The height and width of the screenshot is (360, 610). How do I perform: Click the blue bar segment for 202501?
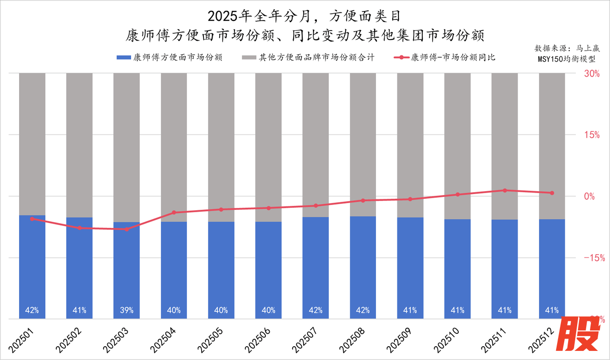coord(32,267)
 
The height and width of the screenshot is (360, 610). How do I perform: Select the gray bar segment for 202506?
coord(268,143)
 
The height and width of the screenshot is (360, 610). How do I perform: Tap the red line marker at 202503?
coord(126,229)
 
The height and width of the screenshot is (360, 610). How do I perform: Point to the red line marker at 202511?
coord(505,190)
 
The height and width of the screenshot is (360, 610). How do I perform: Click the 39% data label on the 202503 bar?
coord(126,310)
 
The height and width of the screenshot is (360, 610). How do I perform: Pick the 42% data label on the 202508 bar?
coord(363,310)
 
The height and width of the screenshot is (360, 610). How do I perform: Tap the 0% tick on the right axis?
coord(590,196)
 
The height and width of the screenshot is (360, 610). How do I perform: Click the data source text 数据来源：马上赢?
coord(567,48)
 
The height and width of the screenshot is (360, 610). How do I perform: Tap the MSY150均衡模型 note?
coord(567,60)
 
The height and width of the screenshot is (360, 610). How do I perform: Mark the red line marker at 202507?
coord(315,206)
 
